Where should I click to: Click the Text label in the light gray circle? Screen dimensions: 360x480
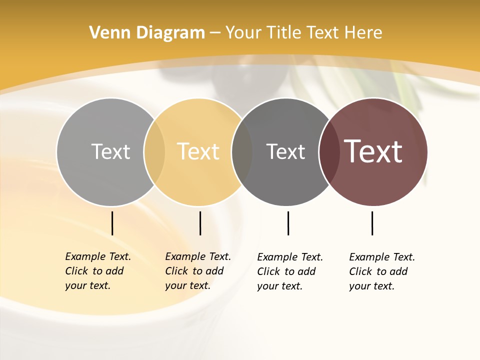(110, 151)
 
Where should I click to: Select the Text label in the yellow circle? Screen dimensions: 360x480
(198, 151)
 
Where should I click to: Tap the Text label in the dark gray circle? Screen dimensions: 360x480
(285, 151)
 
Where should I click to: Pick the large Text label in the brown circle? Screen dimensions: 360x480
(373, 151)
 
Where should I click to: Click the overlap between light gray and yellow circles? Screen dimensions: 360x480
(154, 151)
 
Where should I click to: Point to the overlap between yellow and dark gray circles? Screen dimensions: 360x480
(242, 151)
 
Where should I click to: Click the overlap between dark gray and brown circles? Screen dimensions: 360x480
(329, 151)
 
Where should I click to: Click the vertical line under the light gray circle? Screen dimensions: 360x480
(112, 223)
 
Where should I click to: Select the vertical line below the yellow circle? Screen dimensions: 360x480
(200, 223)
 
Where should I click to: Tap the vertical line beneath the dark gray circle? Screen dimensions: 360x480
(288, 223)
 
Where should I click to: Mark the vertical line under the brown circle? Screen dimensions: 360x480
(372, 223)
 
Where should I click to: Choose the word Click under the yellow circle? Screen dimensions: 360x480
(176, 271)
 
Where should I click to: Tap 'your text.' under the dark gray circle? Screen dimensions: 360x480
(279, 286)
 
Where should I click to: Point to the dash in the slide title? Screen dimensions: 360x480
(215, 33)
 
